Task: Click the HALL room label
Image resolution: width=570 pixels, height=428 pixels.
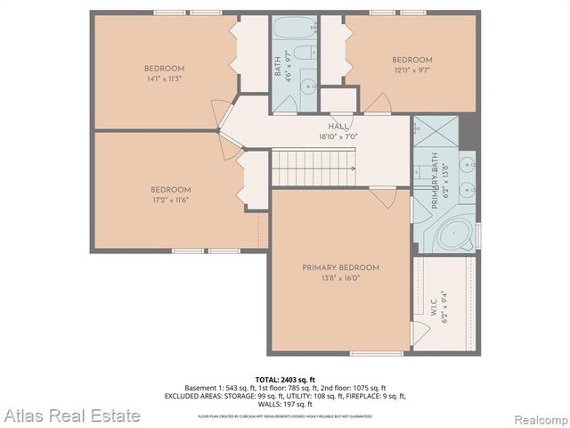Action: [x=339, y=127]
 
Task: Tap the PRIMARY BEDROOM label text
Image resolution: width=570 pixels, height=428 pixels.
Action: [x=340, y=267]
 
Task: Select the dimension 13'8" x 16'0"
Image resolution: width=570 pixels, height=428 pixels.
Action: [x=340, y=277]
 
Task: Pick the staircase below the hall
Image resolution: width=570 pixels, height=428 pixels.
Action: [x=313, y=167]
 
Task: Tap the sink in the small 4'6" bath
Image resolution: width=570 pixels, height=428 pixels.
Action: [x=305, y=86]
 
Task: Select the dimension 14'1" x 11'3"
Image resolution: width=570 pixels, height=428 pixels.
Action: [x=164, y=78]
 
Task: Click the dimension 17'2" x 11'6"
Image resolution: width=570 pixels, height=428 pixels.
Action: [x=170, y=200]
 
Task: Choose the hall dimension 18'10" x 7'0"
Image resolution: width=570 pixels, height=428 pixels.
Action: [x=338, y=137]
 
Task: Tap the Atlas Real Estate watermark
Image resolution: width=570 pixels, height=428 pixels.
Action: [x=71, y=416]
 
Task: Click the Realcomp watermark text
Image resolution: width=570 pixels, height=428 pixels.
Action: [x=538, y=417]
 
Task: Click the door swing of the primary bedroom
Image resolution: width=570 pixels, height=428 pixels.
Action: [x=385, y=197]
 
